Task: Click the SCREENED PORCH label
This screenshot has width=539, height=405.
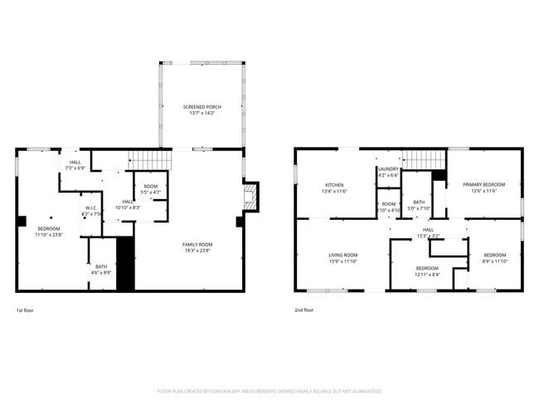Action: pyautogui.click(x=202, y=107)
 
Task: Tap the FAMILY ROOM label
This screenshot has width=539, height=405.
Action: pyautogui.click(x=198, y=243)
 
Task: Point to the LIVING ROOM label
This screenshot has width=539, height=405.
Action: pyautogui.click(x=342, y=255)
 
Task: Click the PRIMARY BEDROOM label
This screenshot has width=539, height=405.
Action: pyautogui.click(x=483, y=184)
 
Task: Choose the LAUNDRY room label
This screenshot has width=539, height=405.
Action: pyautogui.click(x=388, y=169)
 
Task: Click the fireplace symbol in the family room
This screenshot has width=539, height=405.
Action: pyautogui.click(x=249, y=196)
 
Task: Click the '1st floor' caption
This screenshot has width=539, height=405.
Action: pyautogui.click(x=25, y=310)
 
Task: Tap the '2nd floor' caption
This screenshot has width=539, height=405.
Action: pyautogui.click(x=304, y=310)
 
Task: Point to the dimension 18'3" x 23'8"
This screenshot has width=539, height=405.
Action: pyautogui.click(x=198, y=249)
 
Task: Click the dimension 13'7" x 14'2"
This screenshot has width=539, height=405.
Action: pyautogui.click(x=202, y=113)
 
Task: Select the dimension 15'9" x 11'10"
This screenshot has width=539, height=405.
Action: pyautogui.click(x=342, y=261)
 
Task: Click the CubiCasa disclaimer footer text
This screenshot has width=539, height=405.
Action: pyautogui.click(x=269, y=389)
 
